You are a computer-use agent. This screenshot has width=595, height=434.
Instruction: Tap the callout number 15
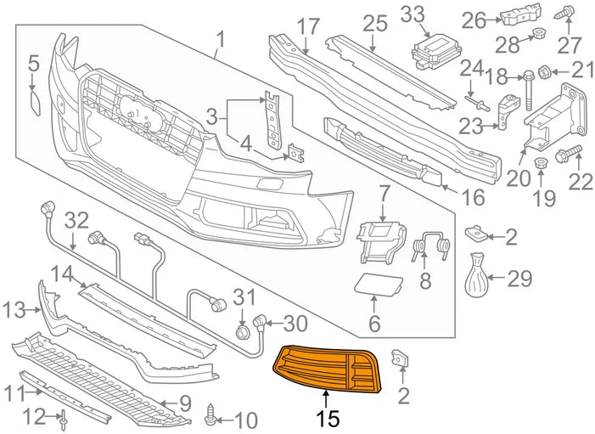pyautogui.click(x=328, y=418)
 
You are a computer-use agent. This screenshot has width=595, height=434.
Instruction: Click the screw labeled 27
pyautogui.click(x=567, y=14)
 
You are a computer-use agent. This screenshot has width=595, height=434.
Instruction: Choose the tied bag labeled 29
pyautogui.click(x=481, y=277)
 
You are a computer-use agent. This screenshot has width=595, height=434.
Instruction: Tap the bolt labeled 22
pyautogui.click(x=567, y=155)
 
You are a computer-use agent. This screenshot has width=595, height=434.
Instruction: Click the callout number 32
pyautogui.click(x=77, y=221)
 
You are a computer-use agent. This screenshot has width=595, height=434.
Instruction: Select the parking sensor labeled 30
pyautogui.click(x=260, y=321)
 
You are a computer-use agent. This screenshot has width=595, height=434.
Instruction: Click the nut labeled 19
pyautogui.click(x=537, y=163)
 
